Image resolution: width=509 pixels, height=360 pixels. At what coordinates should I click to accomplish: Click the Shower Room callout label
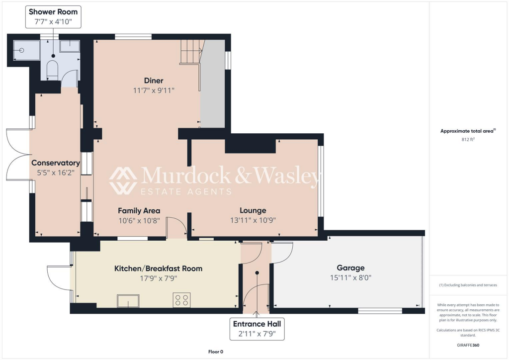click(53, 16)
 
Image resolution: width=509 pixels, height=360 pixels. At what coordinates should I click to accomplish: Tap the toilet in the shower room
click(53, 70)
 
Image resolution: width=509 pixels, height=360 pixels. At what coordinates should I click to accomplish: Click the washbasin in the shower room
click(69, 47)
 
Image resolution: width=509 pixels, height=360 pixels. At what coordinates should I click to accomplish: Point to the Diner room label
click(154, 81)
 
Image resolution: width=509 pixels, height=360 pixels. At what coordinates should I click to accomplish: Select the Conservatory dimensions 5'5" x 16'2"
click(55, 173)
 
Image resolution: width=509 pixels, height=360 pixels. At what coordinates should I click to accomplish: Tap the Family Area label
click(139, 210)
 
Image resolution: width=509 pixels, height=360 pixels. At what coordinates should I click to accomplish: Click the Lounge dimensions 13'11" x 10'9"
click(253, 220)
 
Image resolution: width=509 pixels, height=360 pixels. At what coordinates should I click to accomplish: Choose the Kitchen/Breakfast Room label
click(159, 269)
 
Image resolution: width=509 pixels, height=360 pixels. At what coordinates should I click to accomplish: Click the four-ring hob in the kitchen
click(181, 300)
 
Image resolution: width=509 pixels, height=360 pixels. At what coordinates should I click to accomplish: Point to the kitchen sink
click(128, 301)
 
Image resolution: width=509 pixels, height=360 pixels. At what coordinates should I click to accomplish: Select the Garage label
click(350, 268)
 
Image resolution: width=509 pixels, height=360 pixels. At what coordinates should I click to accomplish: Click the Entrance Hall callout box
click(256, 329)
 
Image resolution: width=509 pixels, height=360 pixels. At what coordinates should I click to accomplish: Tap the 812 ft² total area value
click(469, 140)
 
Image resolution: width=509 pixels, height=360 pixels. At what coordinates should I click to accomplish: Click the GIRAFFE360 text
click(469, 345)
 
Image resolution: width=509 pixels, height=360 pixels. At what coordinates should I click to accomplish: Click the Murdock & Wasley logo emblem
click(123, 180)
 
